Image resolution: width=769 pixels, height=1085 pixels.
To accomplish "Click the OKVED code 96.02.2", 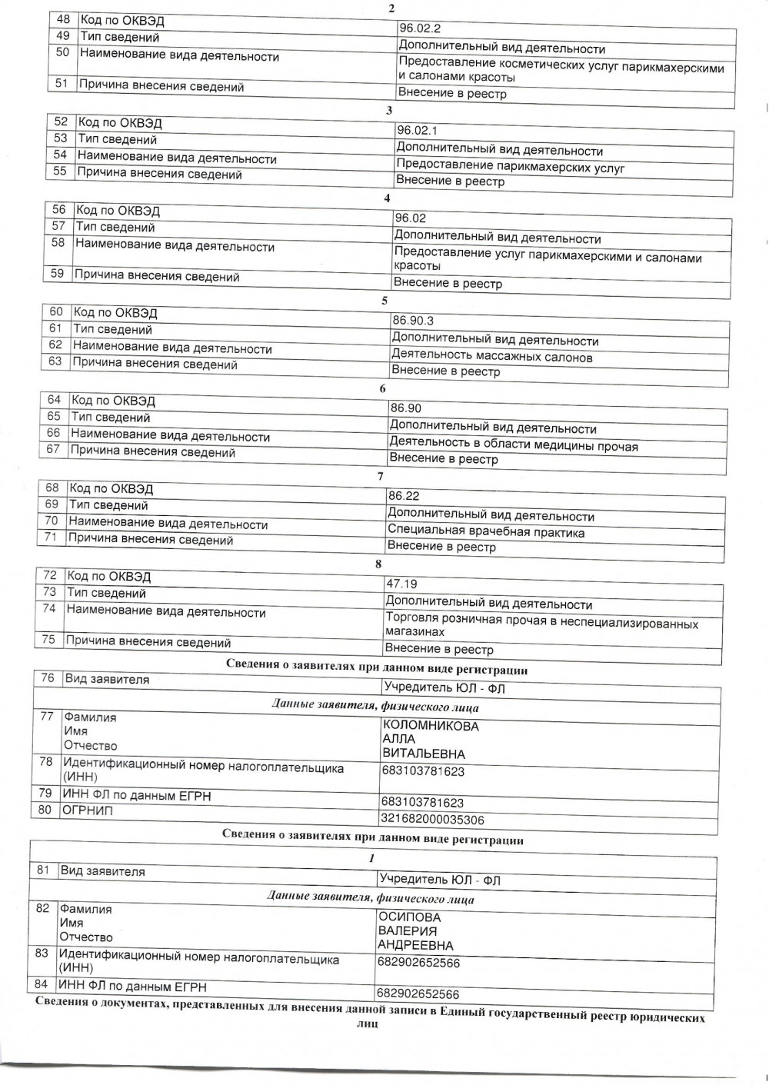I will (x=420, y=29).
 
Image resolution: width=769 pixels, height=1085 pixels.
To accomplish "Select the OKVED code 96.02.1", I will (x=417, y=131).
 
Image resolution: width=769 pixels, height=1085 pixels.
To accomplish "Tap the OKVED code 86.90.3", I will (x=413, y=321).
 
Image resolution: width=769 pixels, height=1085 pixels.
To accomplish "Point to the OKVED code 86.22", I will (x=404, y=496).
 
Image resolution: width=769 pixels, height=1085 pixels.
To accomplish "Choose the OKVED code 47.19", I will (x=401, y=584).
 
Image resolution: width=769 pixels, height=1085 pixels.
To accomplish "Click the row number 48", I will (x=64, y=19).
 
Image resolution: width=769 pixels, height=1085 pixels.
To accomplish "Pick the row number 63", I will (x=55, y=361).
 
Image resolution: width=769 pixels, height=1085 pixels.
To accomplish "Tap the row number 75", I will (x=48, y=640).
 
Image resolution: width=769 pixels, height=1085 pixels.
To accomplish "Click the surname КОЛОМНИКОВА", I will (x=431, y=726).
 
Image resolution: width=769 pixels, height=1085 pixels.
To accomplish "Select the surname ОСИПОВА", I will (x=409, y=917).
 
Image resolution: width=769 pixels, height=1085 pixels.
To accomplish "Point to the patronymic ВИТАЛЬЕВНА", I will (x=424, y=754).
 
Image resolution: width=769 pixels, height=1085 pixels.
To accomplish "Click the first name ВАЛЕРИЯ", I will (x=408, y=931).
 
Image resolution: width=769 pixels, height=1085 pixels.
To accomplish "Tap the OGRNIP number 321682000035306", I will (x=432, y=820).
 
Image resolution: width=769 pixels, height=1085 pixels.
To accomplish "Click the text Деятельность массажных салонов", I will (x=492, y=356).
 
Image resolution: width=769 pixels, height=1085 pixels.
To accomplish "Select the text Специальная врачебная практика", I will (x=486, y=532).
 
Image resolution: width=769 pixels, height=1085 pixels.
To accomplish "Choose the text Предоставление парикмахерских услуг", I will (x=510, y=167).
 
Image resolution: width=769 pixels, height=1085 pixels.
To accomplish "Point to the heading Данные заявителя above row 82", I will (x=371, y=898).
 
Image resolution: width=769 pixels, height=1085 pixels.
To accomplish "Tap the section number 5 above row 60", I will (x=385, y=301).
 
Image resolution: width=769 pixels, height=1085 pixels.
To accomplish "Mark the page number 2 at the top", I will (x=392, y=8).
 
